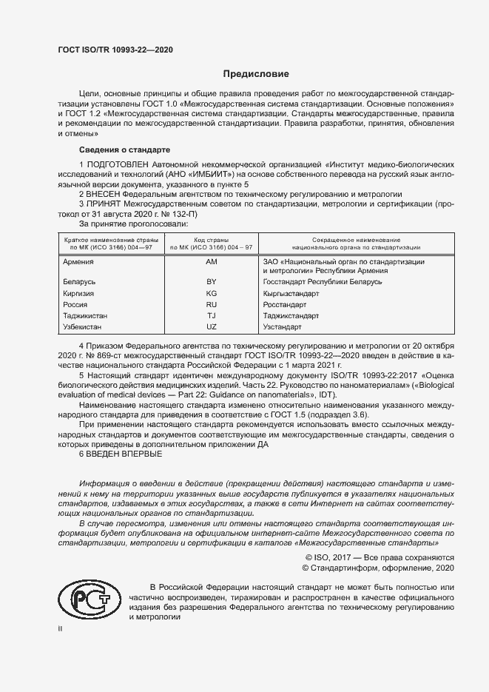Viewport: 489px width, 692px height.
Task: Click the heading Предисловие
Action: (x=257, y=74)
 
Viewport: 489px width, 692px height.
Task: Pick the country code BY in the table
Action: (x=211, y=282)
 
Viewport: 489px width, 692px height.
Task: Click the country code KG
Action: (x=211, y=293)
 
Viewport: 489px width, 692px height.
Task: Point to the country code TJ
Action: (x=211, y=315)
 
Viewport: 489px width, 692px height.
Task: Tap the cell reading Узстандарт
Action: (x=283, y=326)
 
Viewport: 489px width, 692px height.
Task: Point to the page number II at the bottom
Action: (x=61, y=628)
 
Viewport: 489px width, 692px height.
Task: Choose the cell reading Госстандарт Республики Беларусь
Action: (x=323, y=282)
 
